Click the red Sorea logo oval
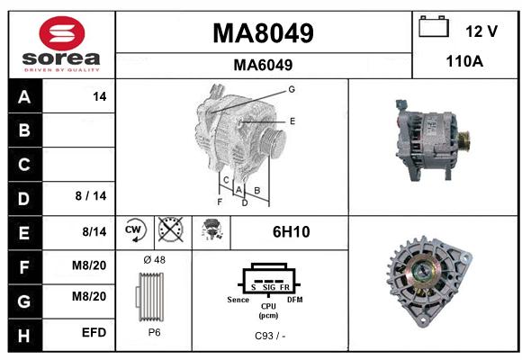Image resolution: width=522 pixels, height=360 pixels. click(x=62, y=33)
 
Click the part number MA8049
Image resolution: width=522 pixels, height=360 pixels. click(x=263, y=33)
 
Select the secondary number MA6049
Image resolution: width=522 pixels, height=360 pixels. click(x=263, y=65)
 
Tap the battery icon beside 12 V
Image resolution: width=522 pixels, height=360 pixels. click(x=434, y=26)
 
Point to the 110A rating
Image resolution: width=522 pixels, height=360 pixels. click(x=464, y=61)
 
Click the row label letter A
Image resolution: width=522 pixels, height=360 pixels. click(x=24, y=97)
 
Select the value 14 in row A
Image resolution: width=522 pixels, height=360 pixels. click(x=100, y=96)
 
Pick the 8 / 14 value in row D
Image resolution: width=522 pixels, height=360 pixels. click(x=91, y=196)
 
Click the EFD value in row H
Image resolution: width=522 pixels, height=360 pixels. click(x=94, y=332)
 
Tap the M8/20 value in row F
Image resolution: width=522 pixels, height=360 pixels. click(x=89, y=265)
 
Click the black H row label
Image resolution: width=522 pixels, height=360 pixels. click(x=24, y=336)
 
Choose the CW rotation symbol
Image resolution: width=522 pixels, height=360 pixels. click(x=134, y=230)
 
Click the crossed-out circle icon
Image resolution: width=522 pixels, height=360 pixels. click(x=171, y=229)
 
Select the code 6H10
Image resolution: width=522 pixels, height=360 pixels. click(x=292, y=232)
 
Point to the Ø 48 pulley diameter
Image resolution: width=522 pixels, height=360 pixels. click(x=155, y=260)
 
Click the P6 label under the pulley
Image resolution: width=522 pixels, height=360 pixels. click(x=154, y=332)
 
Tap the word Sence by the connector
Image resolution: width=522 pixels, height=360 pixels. click(x=238, y=300)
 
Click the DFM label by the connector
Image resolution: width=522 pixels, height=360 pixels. click(x=295, y=300)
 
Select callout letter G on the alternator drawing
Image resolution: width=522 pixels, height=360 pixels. click(x=292, y=89)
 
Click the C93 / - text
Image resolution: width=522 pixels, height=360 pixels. click(x=270, y=336)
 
